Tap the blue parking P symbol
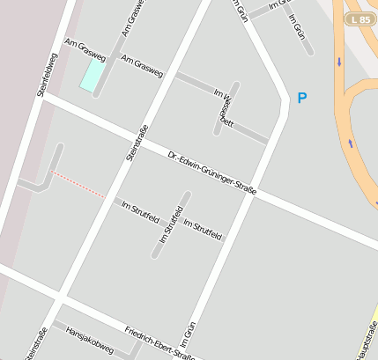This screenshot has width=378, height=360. pyautogui.click(x=302, y=98)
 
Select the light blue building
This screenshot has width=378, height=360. pyautogui.click(x=92, y=75)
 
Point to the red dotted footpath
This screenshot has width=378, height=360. pyautogui.click(x=78, y=185)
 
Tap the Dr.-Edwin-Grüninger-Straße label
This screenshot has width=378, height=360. pyautogui.click(x=211, y=174)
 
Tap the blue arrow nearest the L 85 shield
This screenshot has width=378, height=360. pyautogui.click(x=339, y=62)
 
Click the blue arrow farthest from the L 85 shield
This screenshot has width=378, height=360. pyautogui.click(x=351, y=143)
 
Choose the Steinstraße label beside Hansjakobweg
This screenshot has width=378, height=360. pyautogui.click(x=37, y=343)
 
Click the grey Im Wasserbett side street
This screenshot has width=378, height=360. pyautogui.click(x=221, y=110)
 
